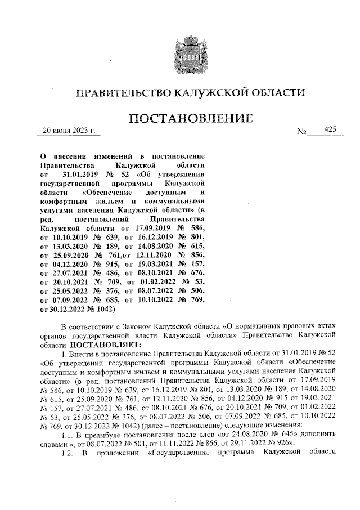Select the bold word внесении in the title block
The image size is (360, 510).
[69, 155]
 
